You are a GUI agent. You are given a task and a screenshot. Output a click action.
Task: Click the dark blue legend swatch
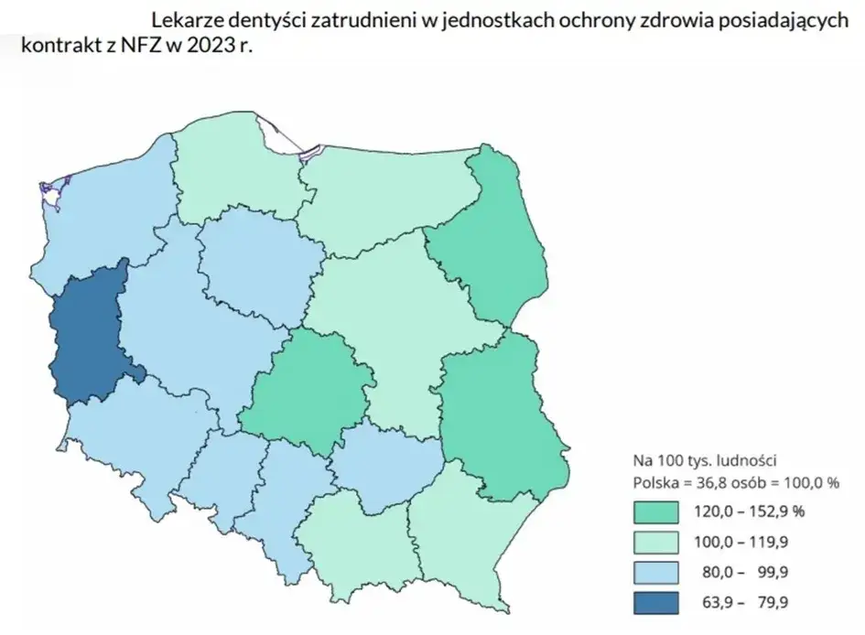pyautogui.click(x=654, y=601)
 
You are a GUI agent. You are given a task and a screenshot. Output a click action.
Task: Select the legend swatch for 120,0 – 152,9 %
pyautogui.click(x=654, y=511)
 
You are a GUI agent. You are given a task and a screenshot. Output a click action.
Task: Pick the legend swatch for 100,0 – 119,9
pyautogui.click(x=654, y=541)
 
